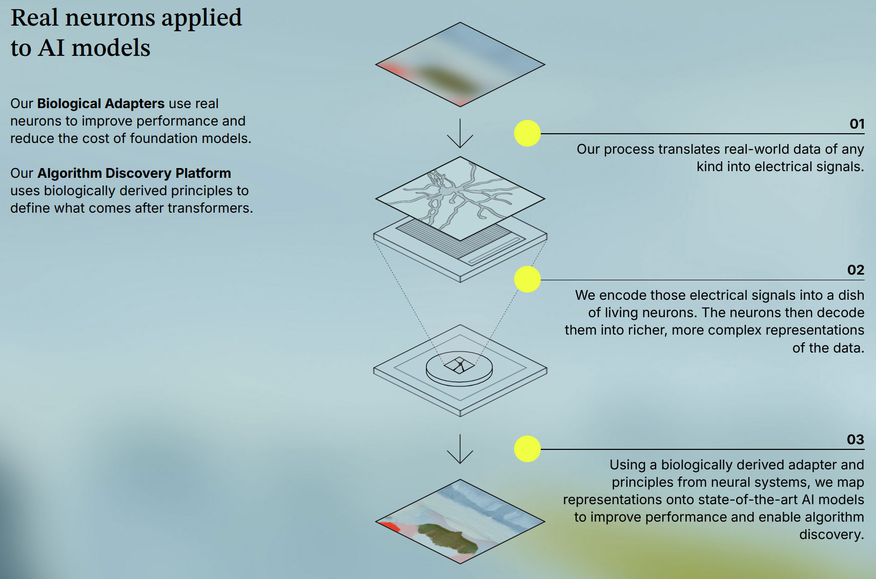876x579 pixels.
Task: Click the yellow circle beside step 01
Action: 527,133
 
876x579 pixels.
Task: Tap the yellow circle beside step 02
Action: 527,279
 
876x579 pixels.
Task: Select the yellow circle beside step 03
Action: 527,449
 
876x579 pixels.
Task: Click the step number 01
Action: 857,124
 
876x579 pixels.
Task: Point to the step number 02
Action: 855,270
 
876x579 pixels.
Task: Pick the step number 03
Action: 855,440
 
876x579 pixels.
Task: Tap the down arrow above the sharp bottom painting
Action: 460,449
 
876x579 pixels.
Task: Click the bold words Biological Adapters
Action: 100,104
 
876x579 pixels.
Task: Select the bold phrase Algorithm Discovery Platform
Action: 134,173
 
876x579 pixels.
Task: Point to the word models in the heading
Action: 111,48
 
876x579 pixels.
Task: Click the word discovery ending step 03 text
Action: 831,534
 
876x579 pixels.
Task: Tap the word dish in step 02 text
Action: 851,295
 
